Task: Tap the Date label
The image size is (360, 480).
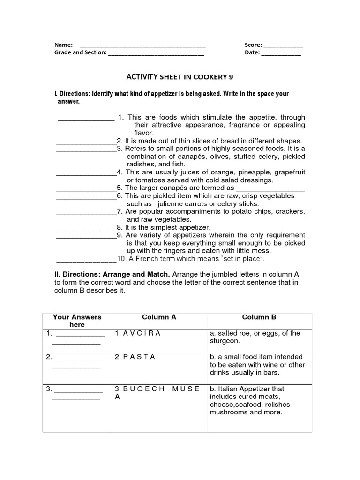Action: (252, 52)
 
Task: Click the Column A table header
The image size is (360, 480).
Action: (159, 317)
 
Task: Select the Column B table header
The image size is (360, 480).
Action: (259, 317)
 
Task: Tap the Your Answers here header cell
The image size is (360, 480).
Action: (77, 321)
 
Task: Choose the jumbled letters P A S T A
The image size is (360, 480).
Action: (139, 357)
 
